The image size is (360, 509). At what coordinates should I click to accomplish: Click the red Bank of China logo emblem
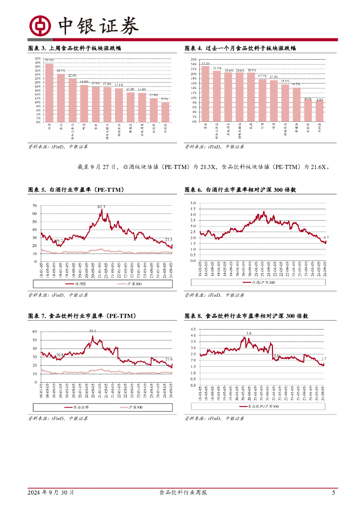point(40,26)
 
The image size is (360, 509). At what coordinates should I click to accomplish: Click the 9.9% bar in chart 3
point(165,112)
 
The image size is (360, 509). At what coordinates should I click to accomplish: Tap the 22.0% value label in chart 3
point(72,75)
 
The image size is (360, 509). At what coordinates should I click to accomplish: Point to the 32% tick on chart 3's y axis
point(38,59)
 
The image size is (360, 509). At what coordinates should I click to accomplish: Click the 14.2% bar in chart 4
point(296,104)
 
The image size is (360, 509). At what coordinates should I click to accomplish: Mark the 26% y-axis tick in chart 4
point(194,60)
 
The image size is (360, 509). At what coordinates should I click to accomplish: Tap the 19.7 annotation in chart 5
point(59,241)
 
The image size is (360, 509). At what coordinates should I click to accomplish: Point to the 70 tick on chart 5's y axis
point(34,205)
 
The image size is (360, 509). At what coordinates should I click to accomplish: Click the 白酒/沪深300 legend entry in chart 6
point(261,282)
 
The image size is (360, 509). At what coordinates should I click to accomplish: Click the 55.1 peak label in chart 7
point(92,331)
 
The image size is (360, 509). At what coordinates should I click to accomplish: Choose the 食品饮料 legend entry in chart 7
point(77,407)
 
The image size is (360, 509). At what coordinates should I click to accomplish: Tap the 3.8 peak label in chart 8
point(249,333)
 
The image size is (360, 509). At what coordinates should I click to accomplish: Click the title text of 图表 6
point(241,190)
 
